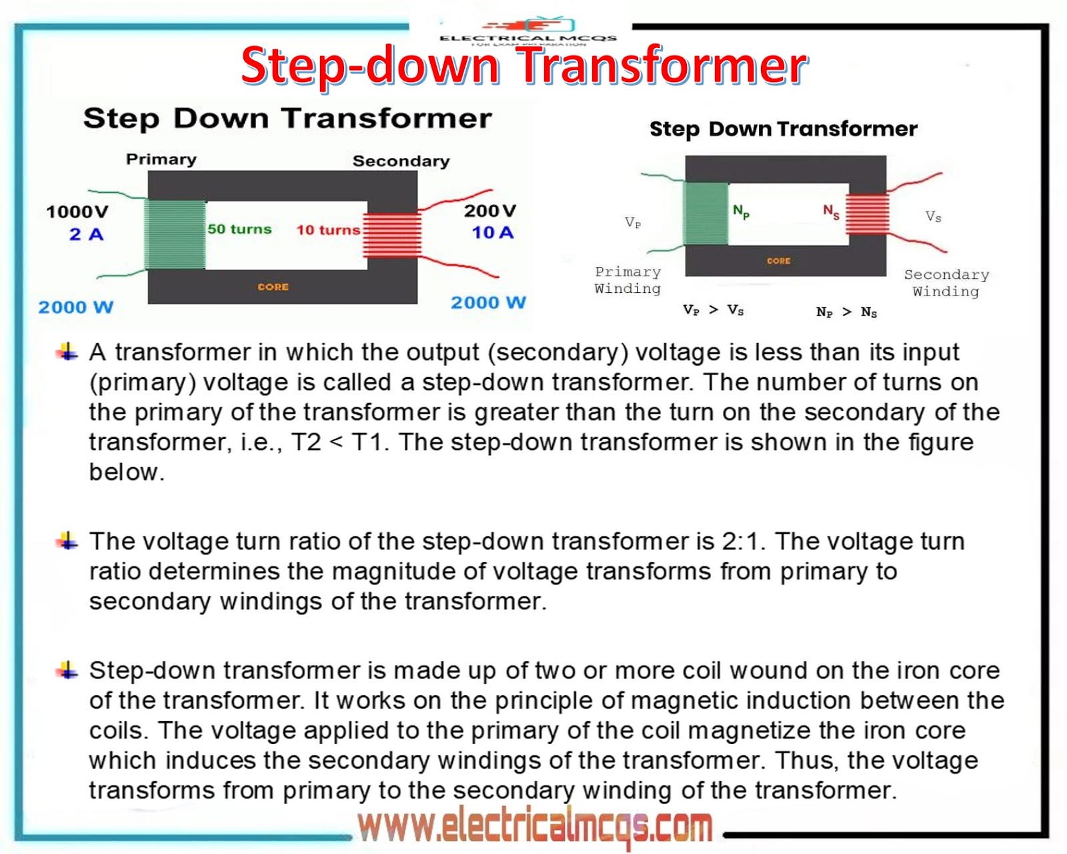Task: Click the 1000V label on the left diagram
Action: coord(77,211)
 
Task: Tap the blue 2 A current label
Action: coord(86,234)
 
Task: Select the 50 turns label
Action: coord(239,229)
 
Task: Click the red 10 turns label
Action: coord(327,230)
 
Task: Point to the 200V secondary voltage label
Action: coord(490,211)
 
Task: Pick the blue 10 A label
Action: coord(492,233)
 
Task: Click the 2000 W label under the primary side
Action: coord(75,307)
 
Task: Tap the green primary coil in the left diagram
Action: coord(175,235)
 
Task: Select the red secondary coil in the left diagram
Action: coord(392,235)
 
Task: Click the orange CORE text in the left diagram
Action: coord(273,287)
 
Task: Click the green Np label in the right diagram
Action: coord(741,212)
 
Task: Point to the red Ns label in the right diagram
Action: coord(831,212)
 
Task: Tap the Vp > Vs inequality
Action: coord(713,310)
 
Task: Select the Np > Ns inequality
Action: coord(846,312)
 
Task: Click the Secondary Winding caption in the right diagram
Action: coord(946,283)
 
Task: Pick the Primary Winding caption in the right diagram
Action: coord(628,280)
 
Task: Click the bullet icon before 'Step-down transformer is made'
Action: coord(67,669)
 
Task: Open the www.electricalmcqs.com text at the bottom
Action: coord(535,827)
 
